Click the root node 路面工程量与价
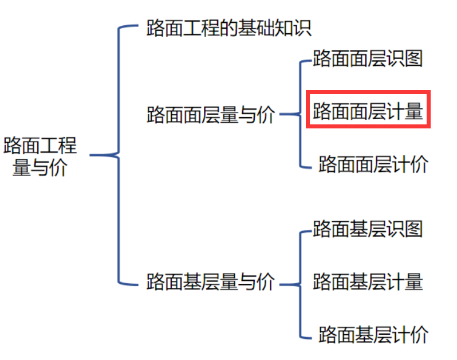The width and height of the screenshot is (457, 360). [x=40, y=155]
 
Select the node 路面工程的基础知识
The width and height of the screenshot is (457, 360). [x=229, y=28]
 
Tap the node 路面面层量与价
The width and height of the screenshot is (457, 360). [x=211, y=115]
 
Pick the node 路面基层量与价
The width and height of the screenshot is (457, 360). [x=211, y=282]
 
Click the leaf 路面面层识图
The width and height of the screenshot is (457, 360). [x=368, y=58]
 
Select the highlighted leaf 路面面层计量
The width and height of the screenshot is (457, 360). [x=368, y=111]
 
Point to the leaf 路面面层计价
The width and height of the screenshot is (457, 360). [x=373, y=164]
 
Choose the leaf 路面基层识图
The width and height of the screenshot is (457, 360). [x=368, y=229]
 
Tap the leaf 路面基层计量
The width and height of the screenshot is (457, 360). [x=368, y=282]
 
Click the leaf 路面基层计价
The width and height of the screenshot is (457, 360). [x=373, y=335]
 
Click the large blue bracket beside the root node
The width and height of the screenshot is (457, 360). [x=118, y=155]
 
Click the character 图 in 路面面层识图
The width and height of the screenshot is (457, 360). [x=413, y=58]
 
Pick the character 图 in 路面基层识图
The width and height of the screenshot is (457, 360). [x=413, y=229]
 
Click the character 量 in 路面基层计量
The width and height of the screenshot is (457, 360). [x=413, y=282]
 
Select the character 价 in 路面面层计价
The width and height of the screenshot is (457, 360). [x=419, y=164]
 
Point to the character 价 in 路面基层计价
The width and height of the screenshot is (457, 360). [x=419, y=335]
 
